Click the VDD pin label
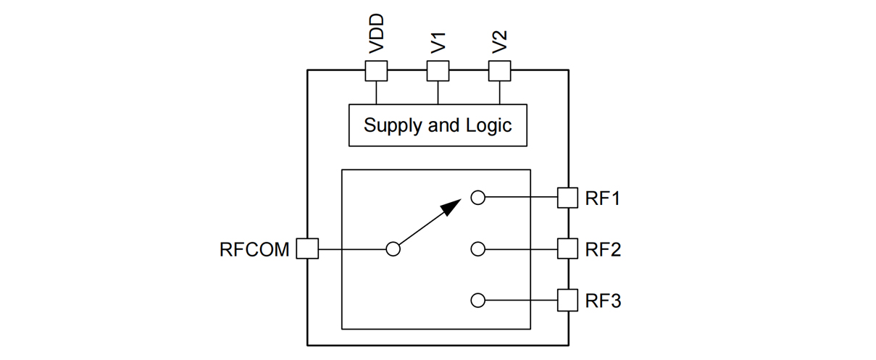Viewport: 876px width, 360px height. click(376, 34)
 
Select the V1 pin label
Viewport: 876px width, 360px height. click(438, 41)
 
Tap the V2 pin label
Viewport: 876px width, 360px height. click(499, 41)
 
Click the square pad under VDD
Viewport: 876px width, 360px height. click(376, 71)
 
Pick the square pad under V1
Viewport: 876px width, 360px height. click(438, 71)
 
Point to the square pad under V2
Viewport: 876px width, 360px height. click(499, 71)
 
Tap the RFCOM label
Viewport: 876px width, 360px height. click(254, 249)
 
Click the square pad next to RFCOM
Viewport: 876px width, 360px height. click(308, 249)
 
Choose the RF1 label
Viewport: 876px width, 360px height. click(603, 198)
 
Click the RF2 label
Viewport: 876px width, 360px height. click(603, 249)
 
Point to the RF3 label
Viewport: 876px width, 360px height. click(603, 300)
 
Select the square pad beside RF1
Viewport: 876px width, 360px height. click(567, 198)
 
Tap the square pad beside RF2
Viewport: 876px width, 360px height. click(567, 249)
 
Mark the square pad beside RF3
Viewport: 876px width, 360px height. click(567, 300)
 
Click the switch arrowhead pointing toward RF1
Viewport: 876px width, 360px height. click(451, 207)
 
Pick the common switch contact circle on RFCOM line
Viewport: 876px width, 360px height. click(393, 249)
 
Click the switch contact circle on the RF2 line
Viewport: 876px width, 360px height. click(477, 249)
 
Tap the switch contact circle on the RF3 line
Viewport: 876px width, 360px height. click(477, 300)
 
